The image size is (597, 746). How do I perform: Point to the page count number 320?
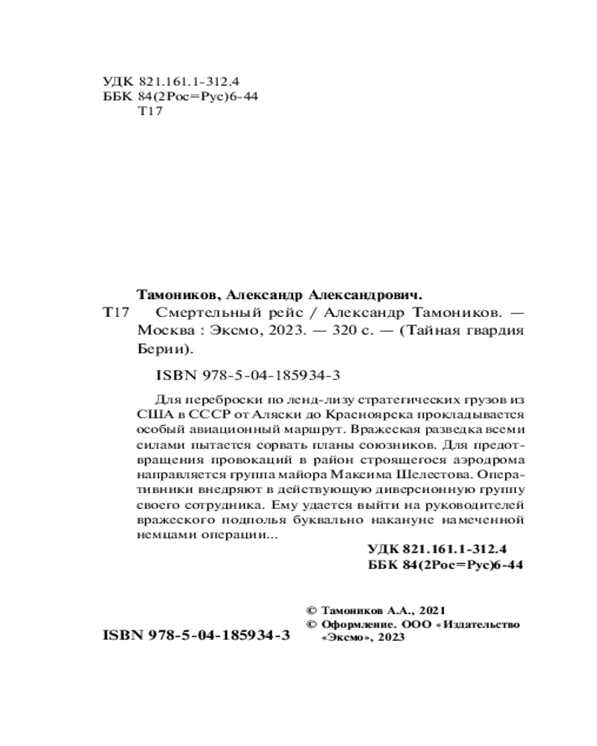pos(335,330)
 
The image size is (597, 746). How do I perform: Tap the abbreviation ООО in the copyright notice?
pos(416,624)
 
